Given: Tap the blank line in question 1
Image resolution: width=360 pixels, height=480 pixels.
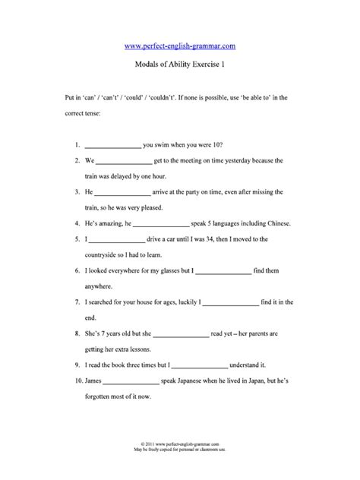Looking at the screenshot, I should pyautogui.click(x=113, y=144).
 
